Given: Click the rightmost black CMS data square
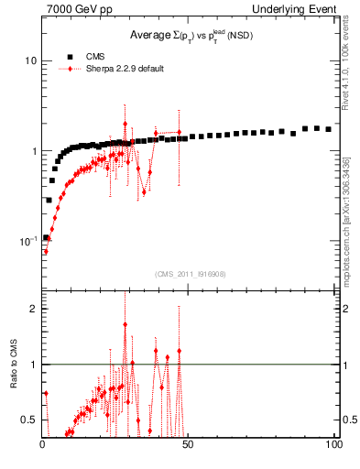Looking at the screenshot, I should (328, 129).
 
